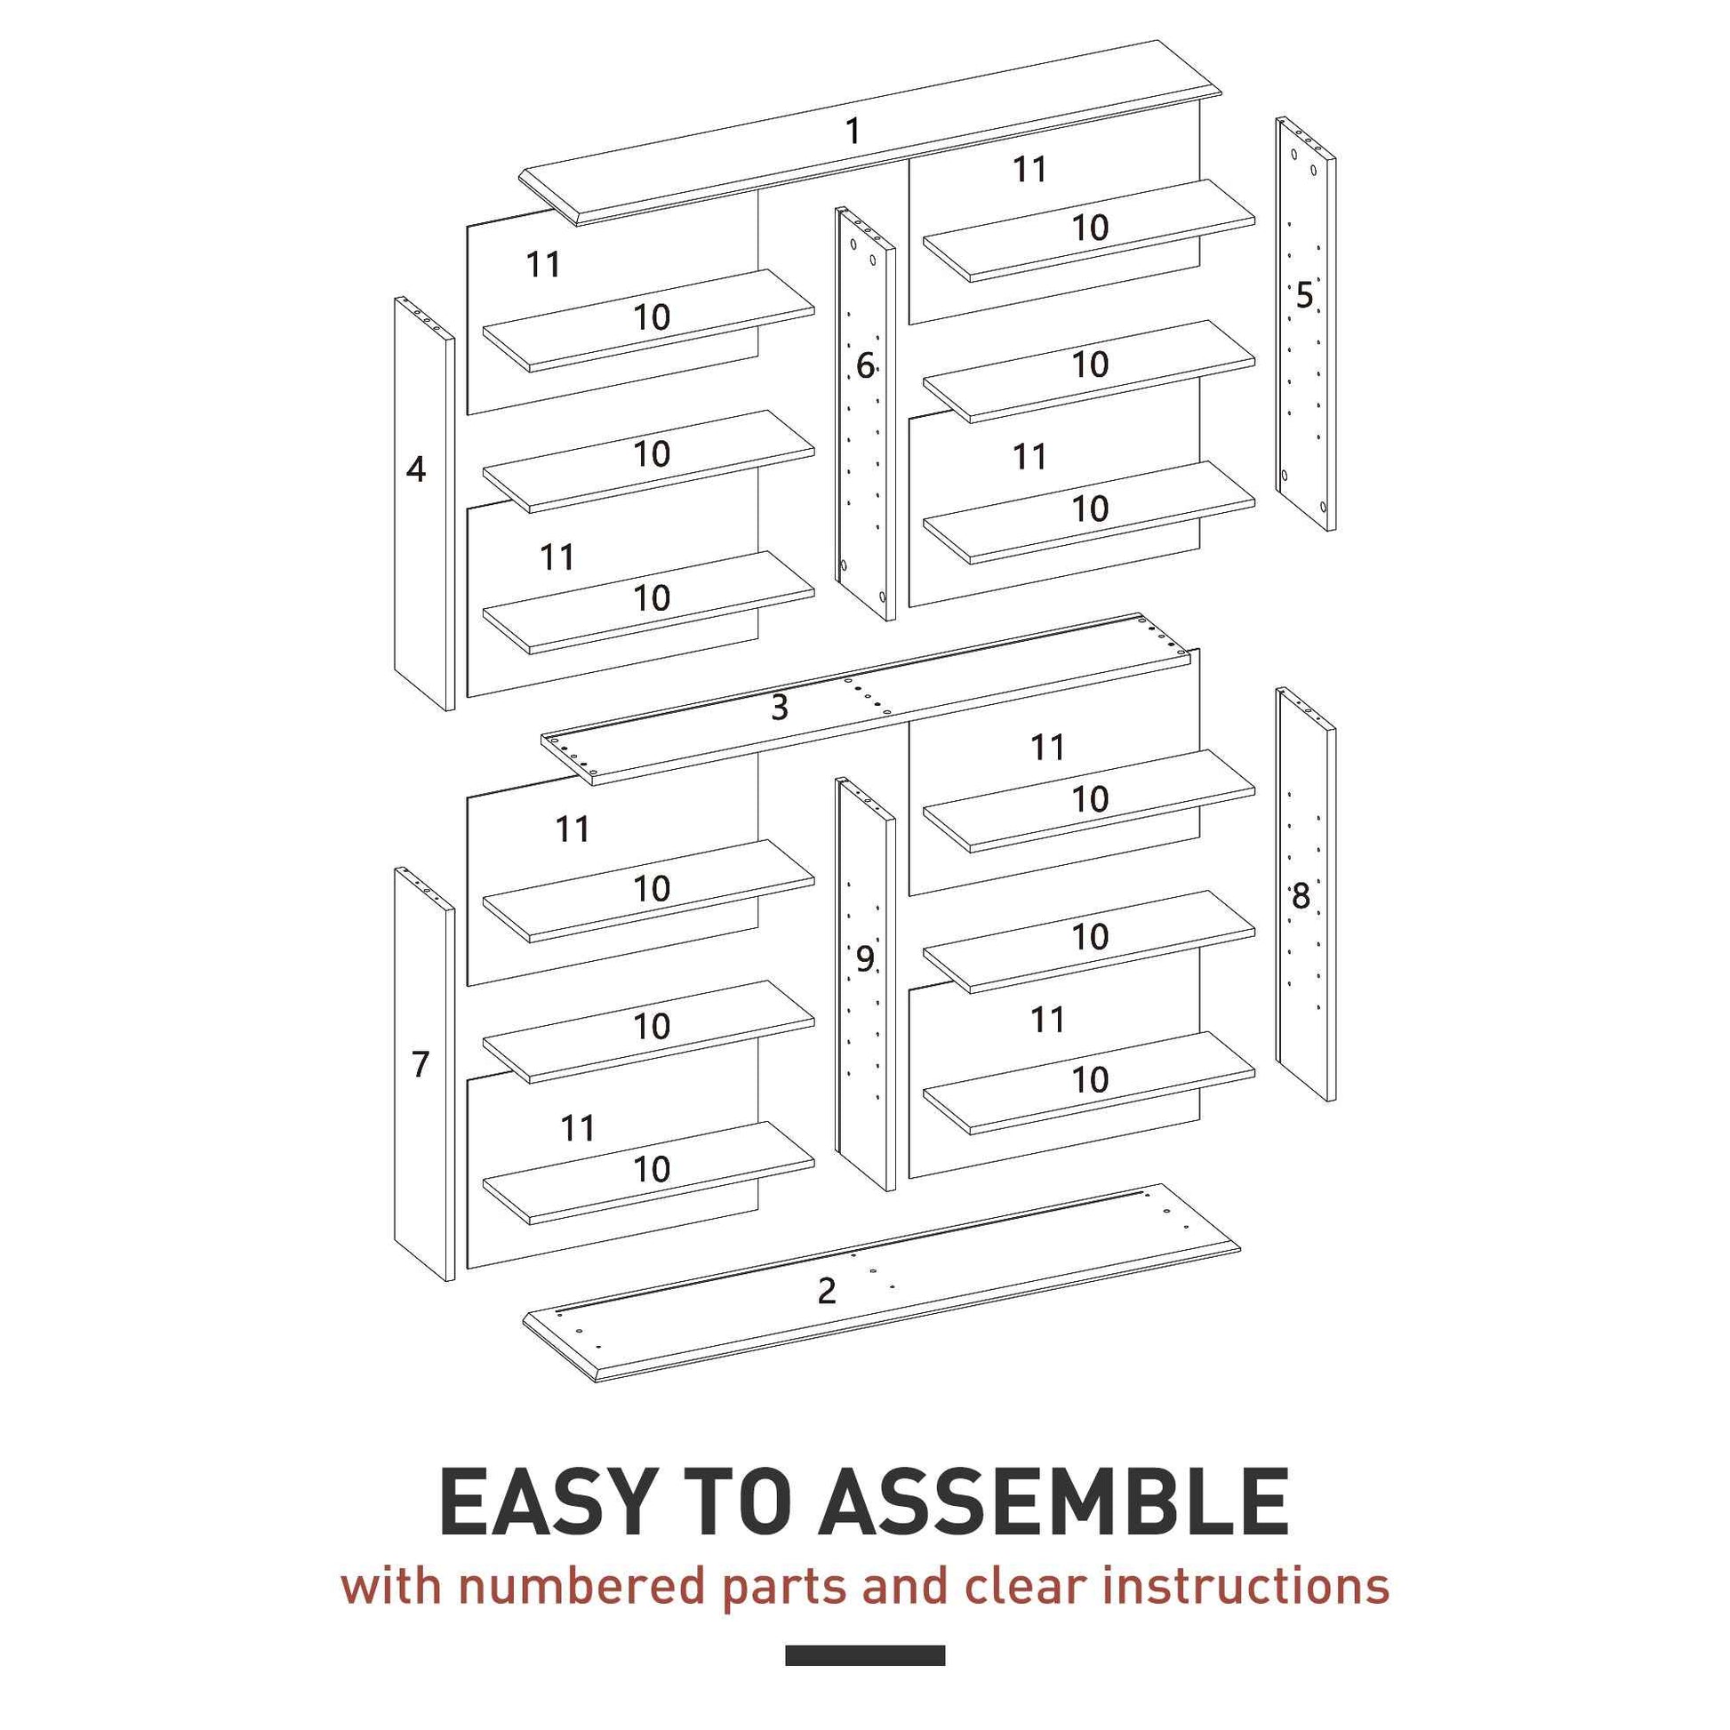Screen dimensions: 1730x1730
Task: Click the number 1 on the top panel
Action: (x=853, y=132)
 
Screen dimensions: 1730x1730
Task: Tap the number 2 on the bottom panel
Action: (x=827, y=1290)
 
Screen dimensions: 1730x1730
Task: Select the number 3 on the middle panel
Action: (x=779, y=708)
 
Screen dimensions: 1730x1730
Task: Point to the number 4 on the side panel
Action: (x=415, y=469)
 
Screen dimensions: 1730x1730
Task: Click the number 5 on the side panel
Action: (x=1304, y=295)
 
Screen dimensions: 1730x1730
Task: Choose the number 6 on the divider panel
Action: (x=865, y=365)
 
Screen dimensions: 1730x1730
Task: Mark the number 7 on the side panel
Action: (x=420, y=1065)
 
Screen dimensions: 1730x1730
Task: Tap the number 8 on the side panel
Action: (x=1301, y=895)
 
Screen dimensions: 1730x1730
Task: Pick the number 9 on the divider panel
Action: (x=864, y=959)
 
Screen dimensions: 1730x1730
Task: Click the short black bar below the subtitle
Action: (x=865, y=1655)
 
